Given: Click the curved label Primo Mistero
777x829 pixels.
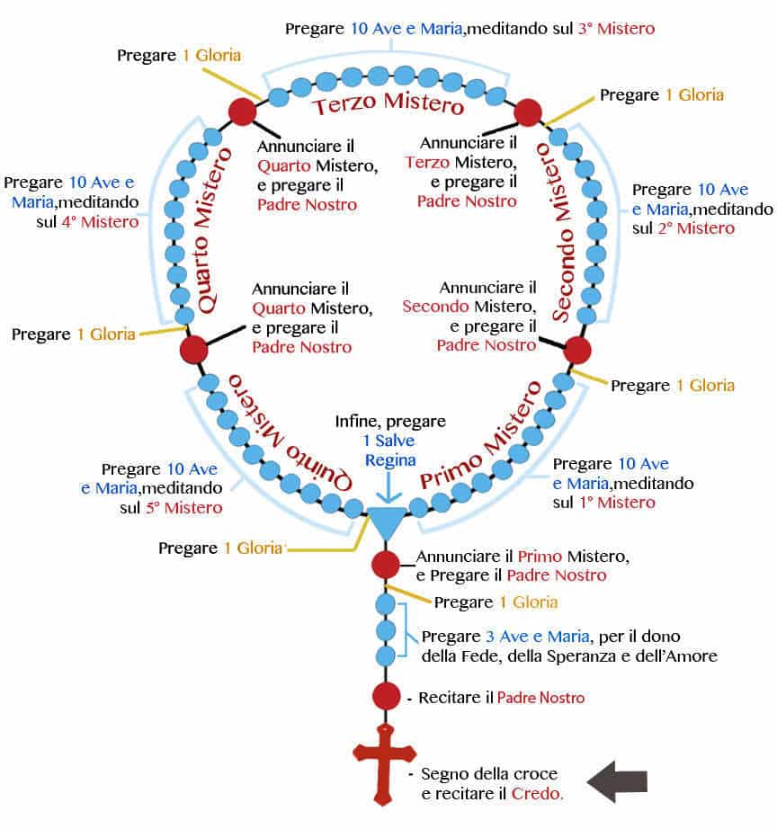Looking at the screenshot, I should coord(481,435).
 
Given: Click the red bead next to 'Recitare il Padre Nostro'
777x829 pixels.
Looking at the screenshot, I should coord(385,696).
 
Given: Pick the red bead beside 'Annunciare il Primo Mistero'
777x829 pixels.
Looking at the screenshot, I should coord(385,565).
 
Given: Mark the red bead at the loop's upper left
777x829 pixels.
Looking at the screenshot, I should coord(242,111).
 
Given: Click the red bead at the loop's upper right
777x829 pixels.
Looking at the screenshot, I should coord(527,111).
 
